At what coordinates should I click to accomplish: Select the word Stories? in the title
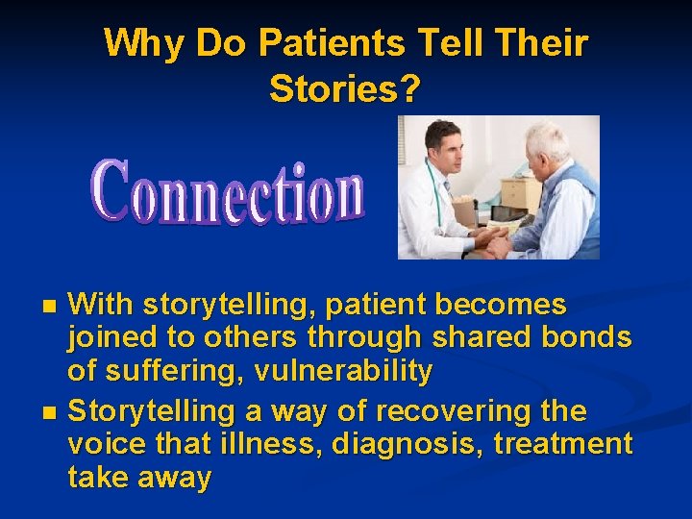(x=345, y=88)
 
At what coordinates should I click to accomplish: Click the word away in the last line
(x=173, y=479)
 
